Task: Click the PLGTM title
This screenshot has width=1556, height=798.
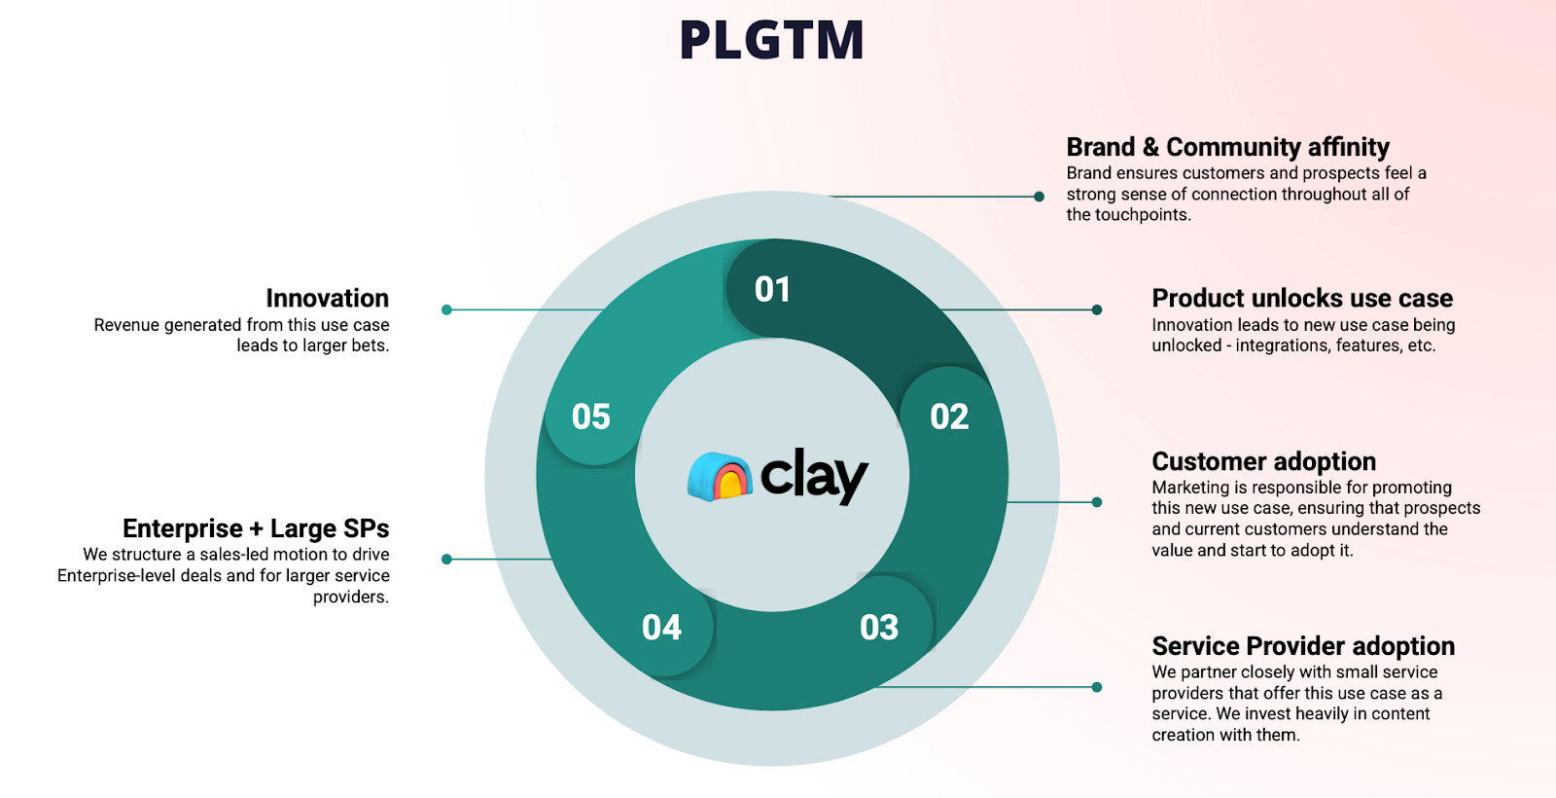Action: point(771,41)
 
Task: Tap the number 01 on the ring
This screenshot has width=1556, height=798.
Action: point(772,289)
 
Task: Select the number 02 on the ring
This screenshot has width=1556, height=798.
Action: point(949,417)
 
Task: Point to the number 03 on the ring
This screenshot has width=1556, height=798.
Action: point(879,628)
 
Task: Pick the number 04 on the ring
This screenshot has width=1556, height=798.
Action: point(661,628)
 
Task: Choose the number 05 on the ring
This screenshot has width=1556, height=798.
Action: point(591,417)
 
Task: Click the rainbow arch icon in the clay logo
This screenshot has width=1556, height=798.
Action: point(721,477)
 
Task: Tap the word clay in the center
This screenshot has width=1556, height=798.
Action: point(813,475)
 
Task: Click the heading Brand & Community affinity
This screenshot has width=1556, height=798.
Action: point(1227,147)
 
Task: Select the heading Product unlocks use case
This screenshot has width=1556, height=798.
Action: point(1302,298)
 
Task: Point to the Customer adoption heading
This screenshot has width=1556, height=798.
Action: point(1263,461)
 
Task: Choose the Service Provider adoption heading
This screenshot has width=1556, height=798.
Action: point(1303,646)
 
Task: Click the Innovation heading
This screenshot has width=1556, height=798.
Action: point(327,298)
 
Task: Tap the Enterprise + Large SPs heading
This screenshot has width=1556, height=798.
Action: point(256,528)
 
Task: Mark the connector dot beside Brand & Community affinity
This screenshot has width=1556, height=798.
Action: point(1040,197)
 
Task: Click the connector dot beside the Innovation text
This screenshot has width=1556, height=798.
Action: point(446,309)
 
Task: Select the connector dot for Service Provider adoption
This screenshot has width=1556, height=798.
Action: point(1097,687)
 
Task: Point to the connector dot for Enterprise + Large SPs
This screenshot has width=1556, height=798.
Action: point(446,560)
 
